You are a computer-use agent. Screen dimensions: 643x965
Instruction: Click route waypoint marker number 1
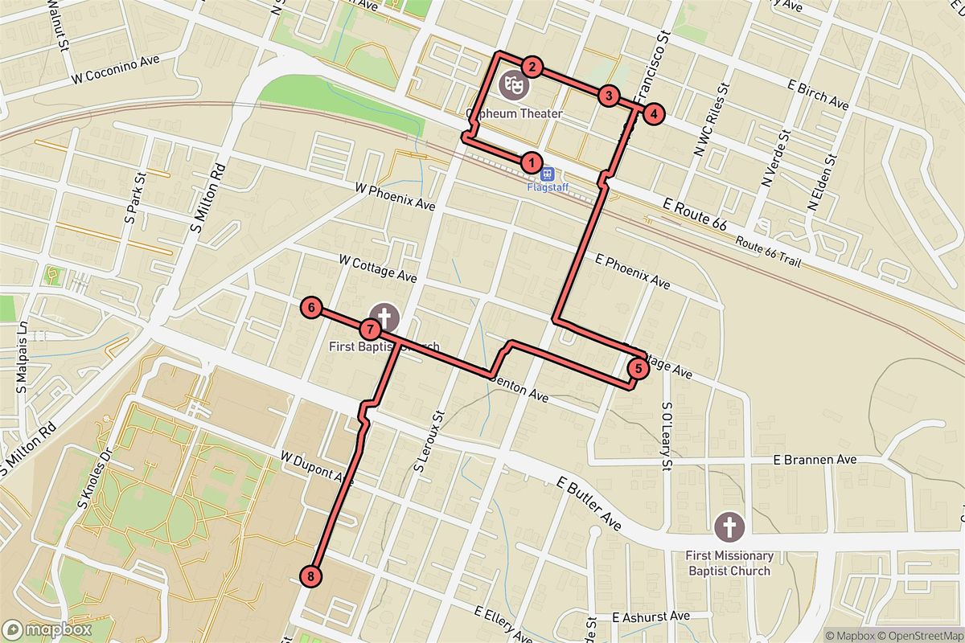(530, 162)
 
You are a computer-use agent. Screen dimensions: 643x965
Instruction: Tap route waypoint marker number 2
(532, 68)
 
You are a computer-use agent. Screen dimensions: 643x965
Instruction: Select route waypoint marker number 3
(609, 96)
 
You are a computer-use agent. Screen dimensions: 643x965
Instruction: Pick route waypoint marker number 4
(655, 114)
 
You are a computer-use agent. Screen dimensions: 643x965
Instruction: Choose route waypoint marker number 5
(637, 369)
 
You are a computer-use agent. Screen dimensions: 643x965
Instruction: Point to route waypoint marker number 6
(310, 307)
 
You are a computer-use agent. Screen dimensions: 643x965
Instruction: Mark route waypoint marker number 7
(370, 329)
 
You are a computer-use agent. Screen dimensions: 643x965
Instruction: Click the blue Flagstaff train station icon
(548, 173)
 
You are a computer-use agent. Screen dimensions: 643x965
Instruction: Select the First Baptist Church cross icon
(384, 316)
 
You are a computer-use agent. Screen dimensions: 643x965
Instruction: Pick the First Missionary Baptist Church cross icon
(729, 528)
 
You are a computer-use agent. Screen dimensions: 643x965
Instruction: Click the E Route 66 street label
(696, 216)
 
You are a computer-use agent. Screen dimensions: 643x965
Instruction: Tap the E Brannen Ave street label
(814, 461)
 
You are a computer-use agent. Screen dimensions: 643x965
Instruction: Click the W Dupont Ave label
(318, 468)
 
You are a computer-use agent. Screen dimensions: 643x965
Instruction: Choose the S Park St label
(133, 206)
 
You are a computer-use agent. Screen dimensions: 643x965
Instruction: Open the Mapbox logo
(47, 629)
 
